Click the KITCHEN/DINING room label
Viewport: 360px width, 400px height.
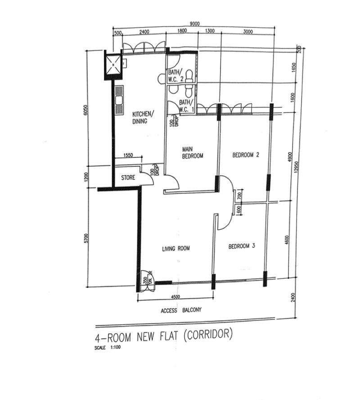[x=143, y=117]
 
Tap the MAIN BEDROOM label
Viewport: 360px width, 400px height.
[x=192, y=153]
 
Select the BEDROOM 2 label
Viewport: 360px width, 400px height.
[x=246, y=155]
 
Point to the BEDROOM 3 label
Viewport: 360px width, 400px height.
[x=242, y=246]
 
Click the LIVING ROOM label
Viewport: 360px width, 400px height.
[x=176, y=248]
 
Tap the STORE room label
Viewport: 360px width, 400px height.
[x=128, y=178]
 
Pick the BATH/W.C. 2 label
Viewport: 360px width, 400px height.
[x=175, y=76]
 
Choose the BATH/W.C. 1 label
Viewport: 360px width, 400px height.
[x=187, y=106]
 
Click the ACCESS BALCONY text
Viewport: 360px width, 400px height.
[x=181, y=310]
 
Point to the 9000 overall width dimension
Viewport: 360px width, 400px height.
[x=194, y=24]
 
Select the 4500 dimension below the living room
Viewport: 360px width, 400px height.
[x=175, y=297]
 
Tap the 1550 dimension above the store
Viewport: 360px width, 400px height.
[x=128, y=155]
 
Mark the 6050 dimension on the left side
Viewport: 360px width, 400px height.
[x=86, y=110]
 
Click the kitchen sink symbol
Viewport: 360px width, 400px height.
[x=119, y=100]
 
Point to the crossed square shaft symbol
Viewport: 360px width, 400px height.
[x=113, y=64]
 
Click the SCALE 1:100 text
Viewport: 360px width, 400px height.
[x=108, y=347]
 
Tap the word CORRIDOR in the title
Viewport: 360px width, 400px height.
[x=208, y=335]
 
